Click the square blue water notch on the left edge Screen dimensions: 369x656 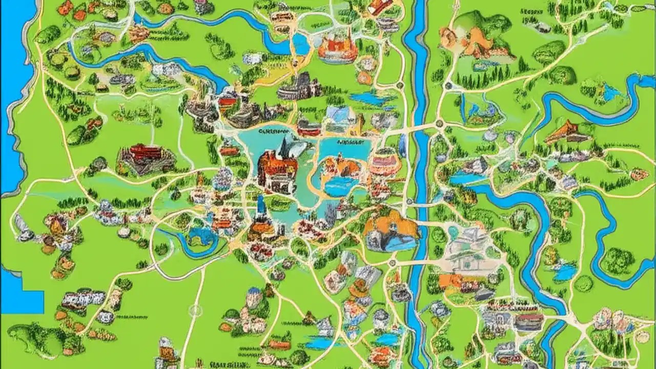(23, 300)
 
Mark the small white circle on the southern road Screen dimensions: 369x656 (195, 310)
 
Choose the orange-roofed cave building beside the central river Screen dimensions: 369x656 (392, 231)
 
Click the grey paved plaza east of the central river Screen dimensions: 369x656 (466, 254)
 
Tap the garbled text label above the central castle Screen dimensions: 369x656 (274, 131)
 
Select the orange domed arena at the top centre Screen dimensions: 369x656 (337, 49)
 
